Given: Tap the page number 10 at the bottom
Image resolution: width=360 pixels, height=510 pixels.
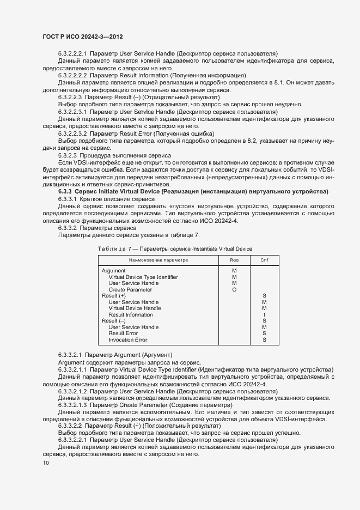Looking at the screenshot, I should coord(46,463).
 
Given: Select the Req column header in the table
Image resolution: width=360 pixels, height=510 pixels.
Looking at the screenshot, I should coord(234,260).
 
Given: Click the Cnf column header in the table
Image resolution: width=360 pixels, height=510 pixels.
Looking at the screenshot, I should coord(264,260).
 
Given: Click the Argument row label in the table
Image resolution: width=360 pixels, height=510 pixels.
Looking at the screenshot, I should coord(113,271).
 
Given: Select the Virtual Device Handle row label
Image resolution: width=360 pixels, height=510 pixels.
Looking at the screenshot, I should coord(135,308).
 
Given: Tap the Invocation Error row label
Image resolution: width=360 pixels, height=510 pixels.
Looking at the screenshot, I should coord(127,340).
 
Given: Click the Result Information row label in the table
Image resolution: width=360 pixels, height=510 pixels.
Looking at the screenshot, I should coord(131,315).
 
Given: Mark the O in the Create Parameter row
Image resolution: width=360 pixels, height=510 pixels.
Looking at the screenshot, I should coord(234,289).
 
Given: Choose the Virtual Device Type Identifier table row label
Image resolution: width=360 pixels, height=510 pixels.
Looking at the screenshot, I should coord(143,277).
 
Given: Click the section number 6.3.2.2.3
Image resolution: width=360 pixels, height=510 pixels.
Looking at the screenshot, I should coord(70,97).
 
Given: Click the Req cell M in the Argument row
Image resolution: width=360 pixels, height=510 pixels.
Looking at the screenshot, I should coord(234,271).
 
